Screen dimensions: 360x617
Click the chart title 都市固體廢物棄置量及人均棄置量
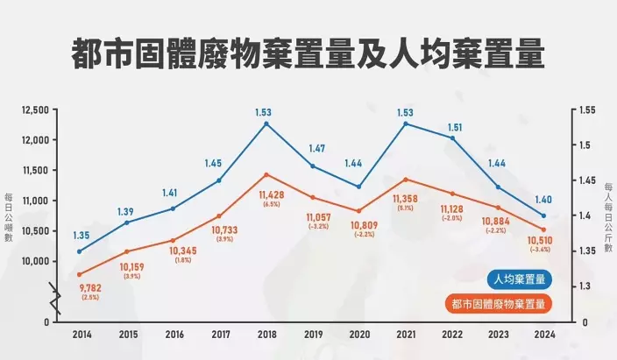308,53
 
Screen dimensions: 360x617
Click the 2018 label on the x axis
266,335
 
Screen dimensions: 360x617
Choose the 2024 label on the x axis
543,335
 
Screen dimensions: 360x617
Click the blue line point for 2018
266,124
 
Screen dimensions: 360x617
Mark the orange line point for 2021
405,180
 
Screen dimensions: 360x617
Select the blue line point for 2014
80,251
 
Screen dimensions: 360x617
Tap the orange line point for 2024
543,229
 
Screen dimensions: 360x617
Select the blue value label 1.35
80,235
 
